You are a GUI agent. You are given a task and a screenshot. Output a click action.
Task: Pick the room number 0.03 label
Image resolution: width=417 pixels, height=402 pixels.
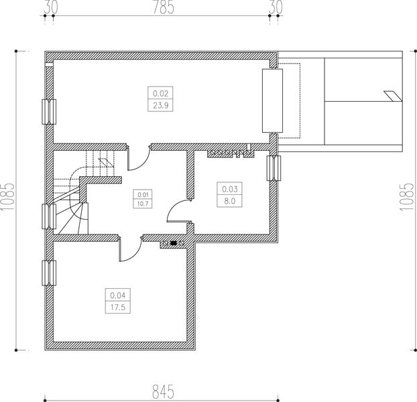click(x=229, y=189)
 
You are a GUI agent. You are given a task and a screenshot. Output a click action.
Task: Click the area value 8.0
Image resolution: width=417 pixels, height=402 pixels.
click(x=229, y=200)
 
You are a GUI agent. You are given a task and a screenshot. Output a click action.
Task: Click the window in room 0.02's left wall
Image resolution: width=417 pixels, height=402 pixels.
click(x=48, y=112)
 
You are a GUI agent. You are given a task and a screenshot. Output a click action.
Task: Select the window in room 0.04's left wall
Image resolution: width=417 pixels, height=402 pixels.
click(x=48, y=273)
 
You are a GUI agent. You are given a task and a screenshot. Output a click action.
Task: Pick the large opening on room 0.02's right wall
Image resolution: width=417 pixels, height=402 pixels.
click(x=270, y=100)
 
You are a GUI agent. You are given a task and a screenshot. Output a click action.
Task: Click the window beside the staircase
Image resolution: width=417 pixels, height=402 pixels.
click(x=48, y=216)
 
